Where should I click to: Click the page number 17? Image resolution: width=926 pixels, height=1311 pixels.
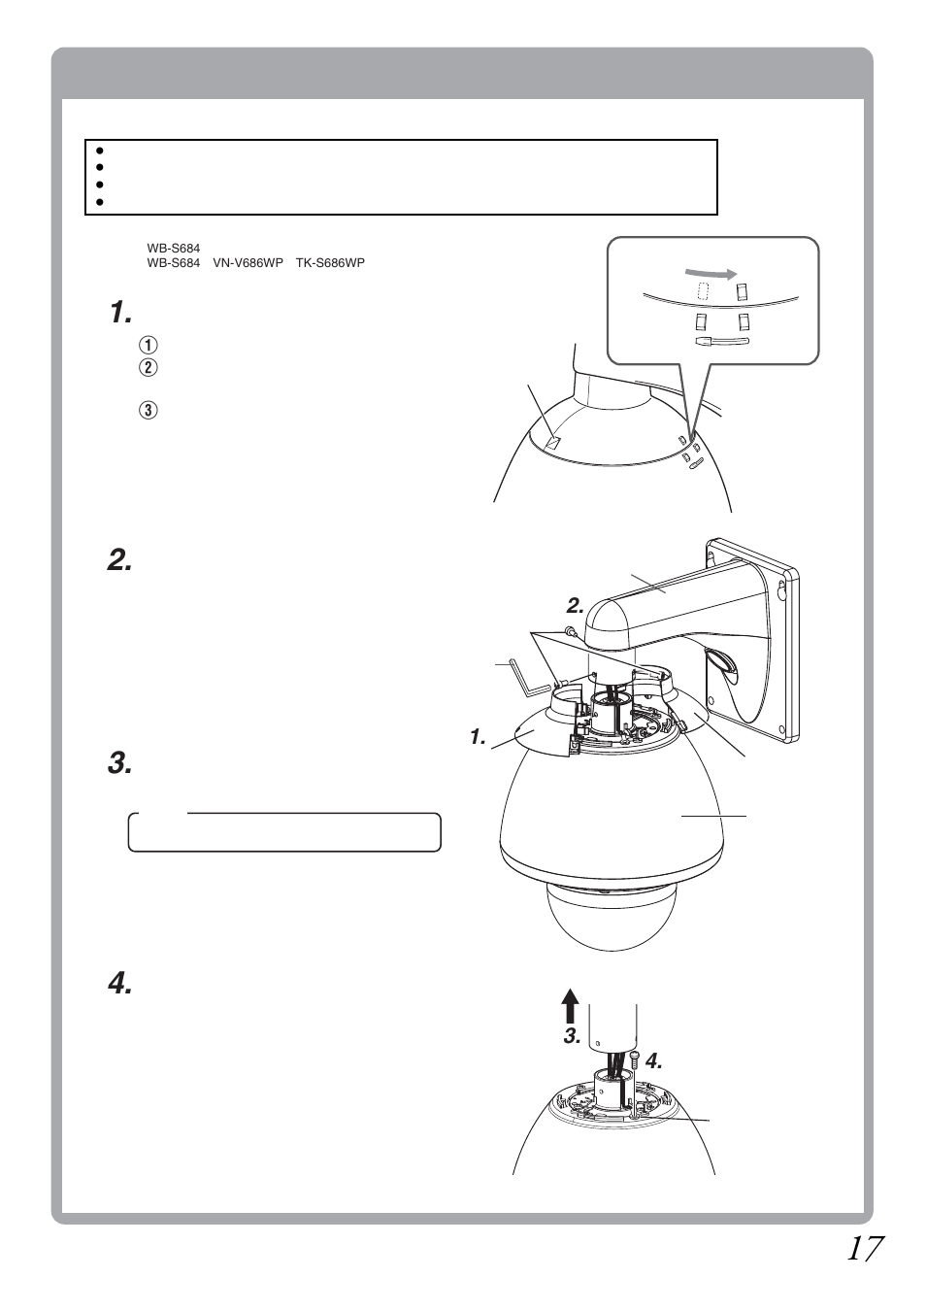863,1249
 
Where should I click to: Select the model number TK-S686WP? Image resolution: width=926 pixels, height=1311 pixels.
330,263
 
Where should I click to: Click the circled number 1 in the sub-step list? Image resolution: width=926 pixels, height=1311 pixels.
148,345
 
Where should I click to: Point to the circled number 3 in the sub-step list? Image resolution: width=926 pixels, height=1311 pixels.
148,410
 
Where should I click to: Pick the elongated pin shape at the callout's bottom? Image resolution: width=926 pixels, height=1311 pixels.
720,341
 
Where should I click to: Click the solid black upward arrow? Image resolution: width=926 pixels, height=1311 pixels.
570,1007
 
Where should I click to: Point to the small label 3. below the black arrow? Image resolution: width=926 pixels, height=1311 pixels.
573,1037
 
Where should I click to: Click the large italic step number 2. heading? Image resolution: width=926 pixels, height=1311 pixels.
119,560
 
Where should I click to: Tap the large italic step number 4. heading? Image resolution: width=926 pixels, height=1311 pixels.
119,984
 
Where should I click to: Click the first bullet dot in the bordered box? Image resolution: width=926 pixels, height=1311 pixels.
100,151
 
